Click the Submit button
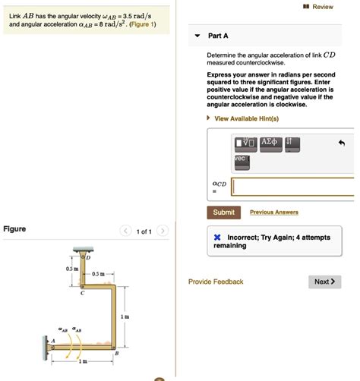223,213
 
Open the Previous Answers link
273,213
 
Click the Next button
324,282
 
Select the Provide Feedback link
216,282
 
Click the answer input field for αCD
292,187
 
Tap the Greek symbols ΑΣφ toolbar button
270,143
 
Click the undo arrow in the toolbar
342,143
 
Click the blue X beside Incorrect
216,238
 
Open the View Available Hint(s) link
246,119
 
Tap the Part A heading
218,36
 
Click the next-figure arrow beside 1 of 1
163,231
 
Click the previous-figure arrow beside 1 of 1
125,231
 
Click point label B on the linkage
116,355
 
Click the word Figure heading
14,228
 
